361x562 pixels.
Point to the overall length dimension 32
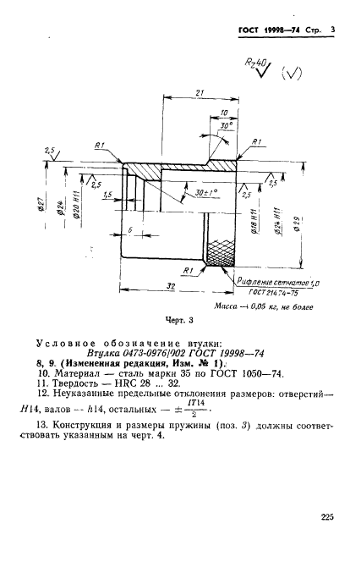(172, 287)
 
